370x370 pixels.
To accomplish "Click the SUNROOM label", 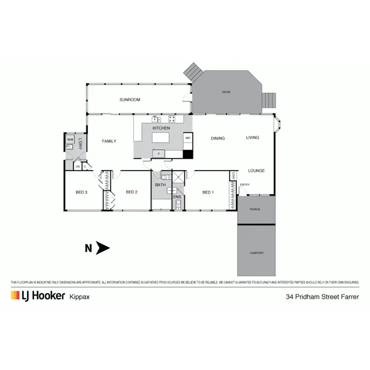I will tap(130, 100).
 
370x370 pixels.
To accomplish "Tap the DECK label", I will tap(226, 92).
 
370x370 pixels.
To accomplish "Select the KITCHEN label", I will tap(161, 128).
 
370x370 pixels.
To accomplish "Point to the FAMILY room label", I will tap(109, 141).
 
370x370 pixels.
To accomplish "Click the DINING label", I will tap(218, 139).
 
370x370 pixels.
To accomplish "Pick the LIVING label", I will tap(253, 138).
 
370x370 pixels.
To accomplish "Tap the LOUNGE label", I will tap(256, 171).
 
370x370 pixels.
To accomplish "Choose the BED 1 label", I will tap(208, 192).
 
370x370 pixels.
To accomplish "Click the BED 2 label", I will tap(131, 192).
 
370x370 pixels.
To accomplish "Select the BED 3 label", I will tap(81, 192).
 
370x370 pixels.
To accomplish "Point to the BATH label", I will tap(160, 185).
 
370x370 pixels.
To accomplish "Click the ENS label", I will tap(177, 197).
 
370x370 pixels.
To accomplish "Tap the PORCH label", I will tap(255, 209).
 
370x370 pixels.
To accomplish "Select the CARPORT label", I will tap(257, 253).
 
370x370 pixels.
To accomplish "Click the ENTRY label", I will tap(245, 185).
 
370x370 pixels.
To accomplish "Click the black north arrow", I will tap(103, 248).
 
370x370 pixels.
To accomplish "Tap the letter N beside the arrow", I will tap(88, 249).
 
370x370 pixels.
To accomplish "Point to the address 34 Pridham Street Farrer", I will tap(322, 296).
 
